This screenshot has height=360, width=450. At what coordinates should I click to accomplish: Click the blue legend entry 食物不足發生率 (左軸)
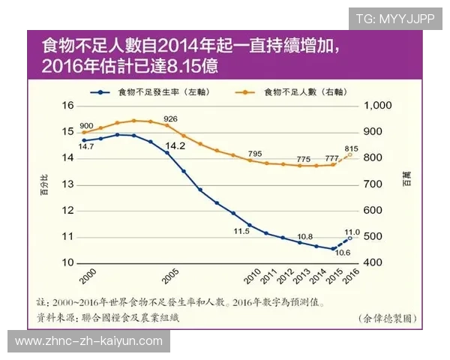154,91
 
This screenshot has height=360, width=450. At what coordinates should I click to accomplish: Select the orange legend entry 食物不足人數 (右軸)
298,91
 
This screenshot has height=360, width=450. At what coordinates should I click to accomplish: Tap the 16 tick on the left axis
67,106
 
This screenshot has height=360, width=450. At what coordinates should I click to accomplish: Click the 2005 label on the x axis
170,275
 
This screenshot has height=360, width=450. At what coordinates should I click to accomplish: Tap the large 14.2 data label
174,146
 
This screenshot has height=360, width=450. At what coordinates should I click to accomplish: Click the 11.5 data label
241,231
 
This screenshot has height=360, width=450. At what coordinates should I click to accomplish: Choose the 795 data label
255,154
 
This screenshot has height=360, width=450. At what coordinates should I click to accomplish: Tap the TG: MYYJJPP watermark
394,19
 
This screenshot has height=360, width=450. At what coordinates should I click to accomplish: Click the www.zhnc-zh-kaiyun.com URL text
88,341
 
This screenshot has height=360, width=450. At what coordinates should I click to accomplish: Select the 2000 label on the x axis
88,275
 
